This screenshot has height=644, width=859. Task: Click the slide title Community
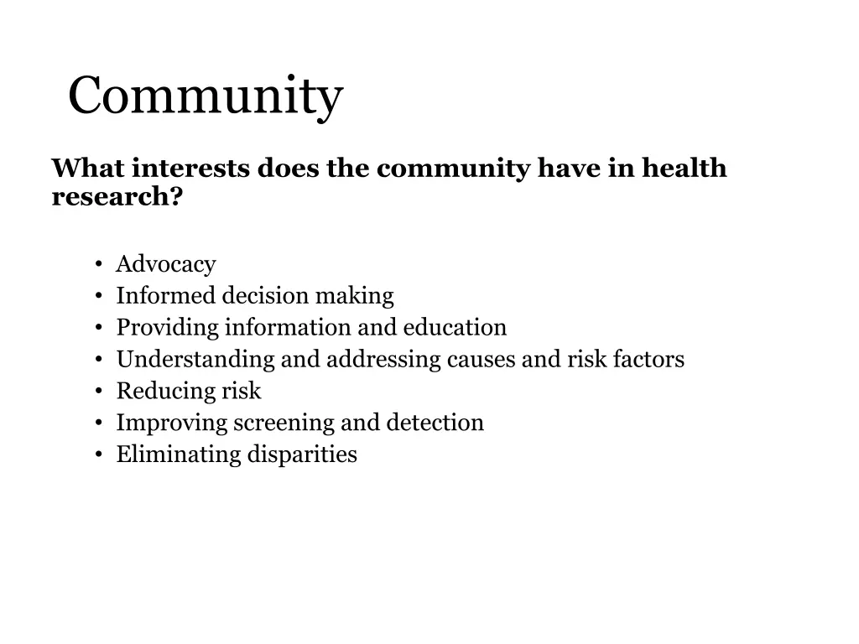pyautogui.click(x=206, y=97)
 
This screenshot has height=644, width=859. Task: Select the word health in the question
pyautogui.click(x=685, y=169)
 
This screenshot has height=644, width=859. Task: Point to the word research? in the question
pyautogui.click(x=117, y=197)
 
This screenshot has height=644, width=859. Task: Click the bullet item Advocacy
pyautogui.click(x=166, y=264)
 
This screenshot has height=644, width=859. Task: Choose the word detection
pyautogui.click(x=435, y=423)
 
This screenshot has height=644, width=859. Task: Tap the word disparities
pyautogui.click(x=301, y=455)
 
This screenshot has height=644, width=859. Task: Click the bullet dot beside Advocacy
pyautogui.click(x=99, y=266)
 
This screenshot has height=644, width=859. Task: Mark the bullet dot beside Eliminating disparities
pyautogui.click(x=99, y=456)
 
